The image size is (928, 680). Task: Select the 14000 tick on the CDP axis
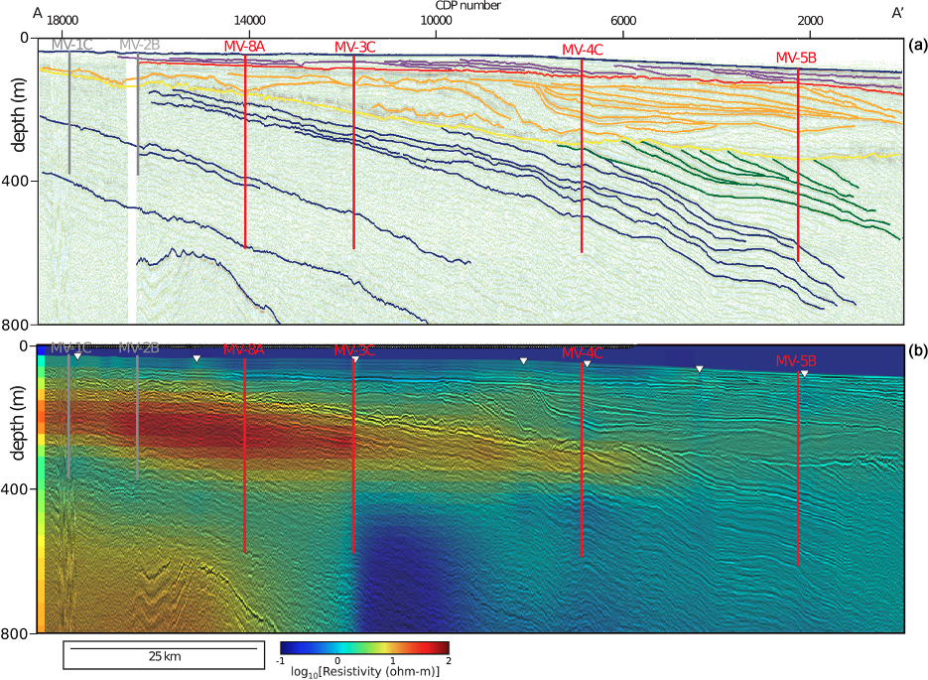tap(248, 20)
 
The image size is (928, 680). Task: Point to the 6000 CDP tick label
tap(622, 20)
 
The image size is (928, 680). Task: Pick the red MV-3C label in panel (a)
tap(354, 47)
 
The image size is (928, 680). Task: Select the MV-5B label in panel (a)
tap(796, 58)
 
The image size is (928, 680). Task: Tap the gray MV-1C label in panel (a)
tap(71, 45)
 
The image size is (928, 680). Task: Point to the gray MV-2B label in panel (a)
tap(139, 45)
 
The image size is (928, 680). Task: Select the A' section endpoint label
tap(897, 13)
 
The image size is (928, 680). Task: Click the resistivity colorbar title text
tap(364, 672)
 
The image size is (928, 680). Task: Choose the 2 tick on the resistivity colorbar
tap(449, 659)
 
